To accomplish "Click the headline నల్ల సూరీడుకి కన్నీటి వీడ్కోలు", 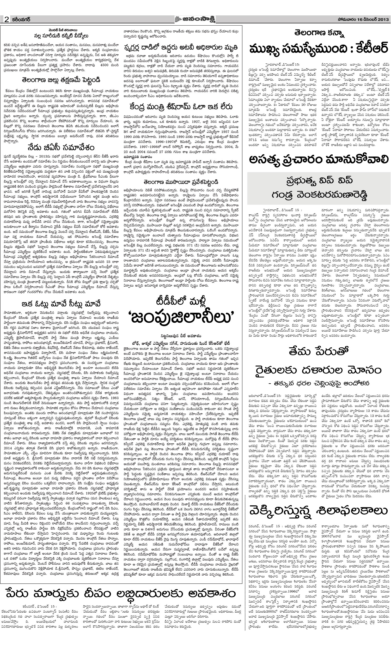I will click(x=62, y=36).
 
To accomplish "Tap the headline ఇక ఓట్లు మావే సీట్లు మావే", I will click(x=62, y=304).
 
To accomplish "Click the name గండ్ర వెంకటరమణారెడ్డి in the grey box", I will click(x=319, y=195).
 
